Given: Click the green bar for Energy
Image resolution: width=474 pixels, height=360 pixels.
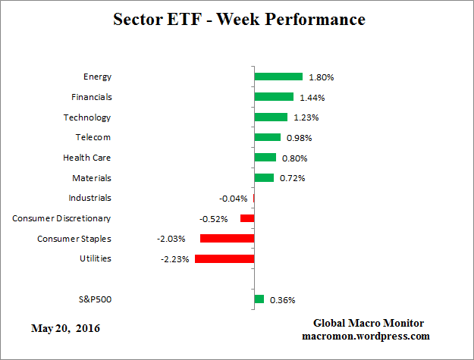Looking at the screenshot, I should [278, 77].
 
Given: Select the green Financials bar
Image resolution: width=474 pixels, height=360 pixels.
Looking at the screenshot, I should [274, 97].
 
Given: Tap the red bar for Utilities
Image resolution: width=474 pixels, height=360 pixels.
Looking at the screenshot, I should [224, 258].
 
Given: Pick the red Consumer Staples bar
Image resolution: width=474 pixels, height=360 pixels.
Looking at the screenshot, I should [227, 238].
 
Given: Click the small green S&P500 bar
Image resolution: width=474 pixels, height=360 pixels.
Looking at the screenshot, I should [259, 299].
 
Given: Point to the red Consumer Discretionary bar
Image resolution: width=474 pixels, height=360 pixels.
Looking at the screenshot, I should [247, 218].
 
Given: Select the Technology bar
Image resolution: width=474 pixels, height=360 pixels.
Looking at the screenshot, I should [271, 117].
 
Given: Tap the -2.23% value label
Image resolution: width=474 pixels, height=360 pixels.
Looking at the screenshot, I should [174, 259].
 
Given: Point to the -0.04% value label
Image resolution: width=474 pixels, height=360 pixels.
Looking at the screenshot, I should [233, 199].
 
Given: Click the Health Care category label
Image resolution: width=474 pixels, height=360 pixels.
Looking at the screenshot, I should [86, 158].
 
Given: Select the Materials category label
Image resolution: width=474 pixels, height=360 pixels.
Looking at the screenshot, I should [92, 177].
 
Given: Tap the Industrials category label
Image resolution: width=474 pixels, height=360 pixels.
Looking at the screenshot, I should [89, 198].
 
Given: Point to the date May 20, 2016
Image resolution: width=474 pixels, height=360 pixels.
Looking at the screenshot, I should [65, 328].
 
